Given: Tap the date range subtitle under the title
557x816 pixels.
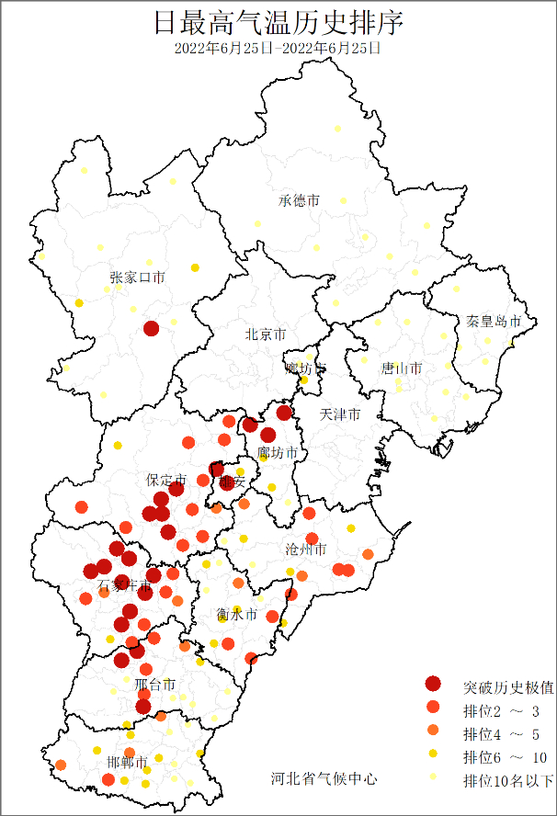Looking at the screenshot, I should coord(278,48).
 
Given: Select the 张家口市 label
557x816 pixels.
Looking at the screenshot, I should coord(138,277).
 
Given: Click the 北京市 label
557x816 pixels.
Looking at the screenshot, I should coord(266,335).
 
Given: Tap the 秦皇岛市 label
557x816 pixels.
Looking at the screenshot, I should coord(494,322).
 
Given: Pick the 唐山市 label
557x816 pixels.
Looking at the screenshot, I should coord(402,368).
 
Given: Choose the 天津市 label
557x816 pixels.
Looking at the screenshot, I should coord(340,415).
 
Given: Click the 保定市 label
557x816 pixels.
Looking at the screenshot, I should coord(166,480).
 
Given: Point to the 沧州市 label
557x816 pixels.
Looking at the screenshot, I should coord(306,550).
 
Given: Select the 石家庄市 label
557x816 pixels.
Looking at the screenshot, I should coord(124,585).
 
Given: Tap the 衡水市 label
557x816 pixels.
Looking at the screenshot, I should coord(237,614).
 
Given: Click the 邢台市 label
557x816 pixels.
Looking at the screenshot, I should coord(154,685).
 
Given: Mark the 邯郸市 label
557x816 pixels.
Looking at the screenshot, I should coord(127,762).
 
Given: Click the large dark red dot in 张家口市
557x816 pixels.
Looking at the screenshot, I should coord(152,328).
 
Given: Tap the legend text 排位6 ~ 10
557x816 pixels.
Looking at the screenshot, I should coord(505,757).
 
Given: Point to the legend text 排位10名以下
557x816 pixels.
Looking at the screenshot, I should coord(508,781).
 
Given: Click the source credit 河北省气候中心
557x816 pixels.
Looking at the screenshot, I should coord(324,778).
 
